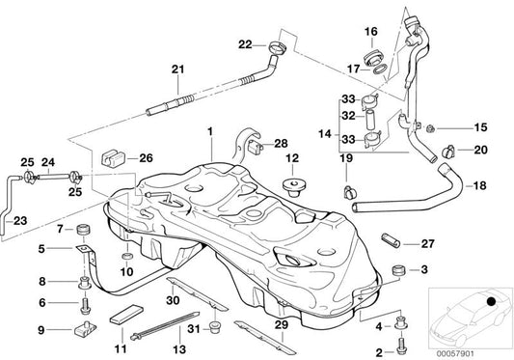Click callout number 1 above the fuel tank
pos(208,128)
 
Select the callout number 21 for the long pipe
pos(176,68)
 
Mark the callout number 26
pos(146,158)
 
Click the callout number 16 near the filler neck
pos(371,32)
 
